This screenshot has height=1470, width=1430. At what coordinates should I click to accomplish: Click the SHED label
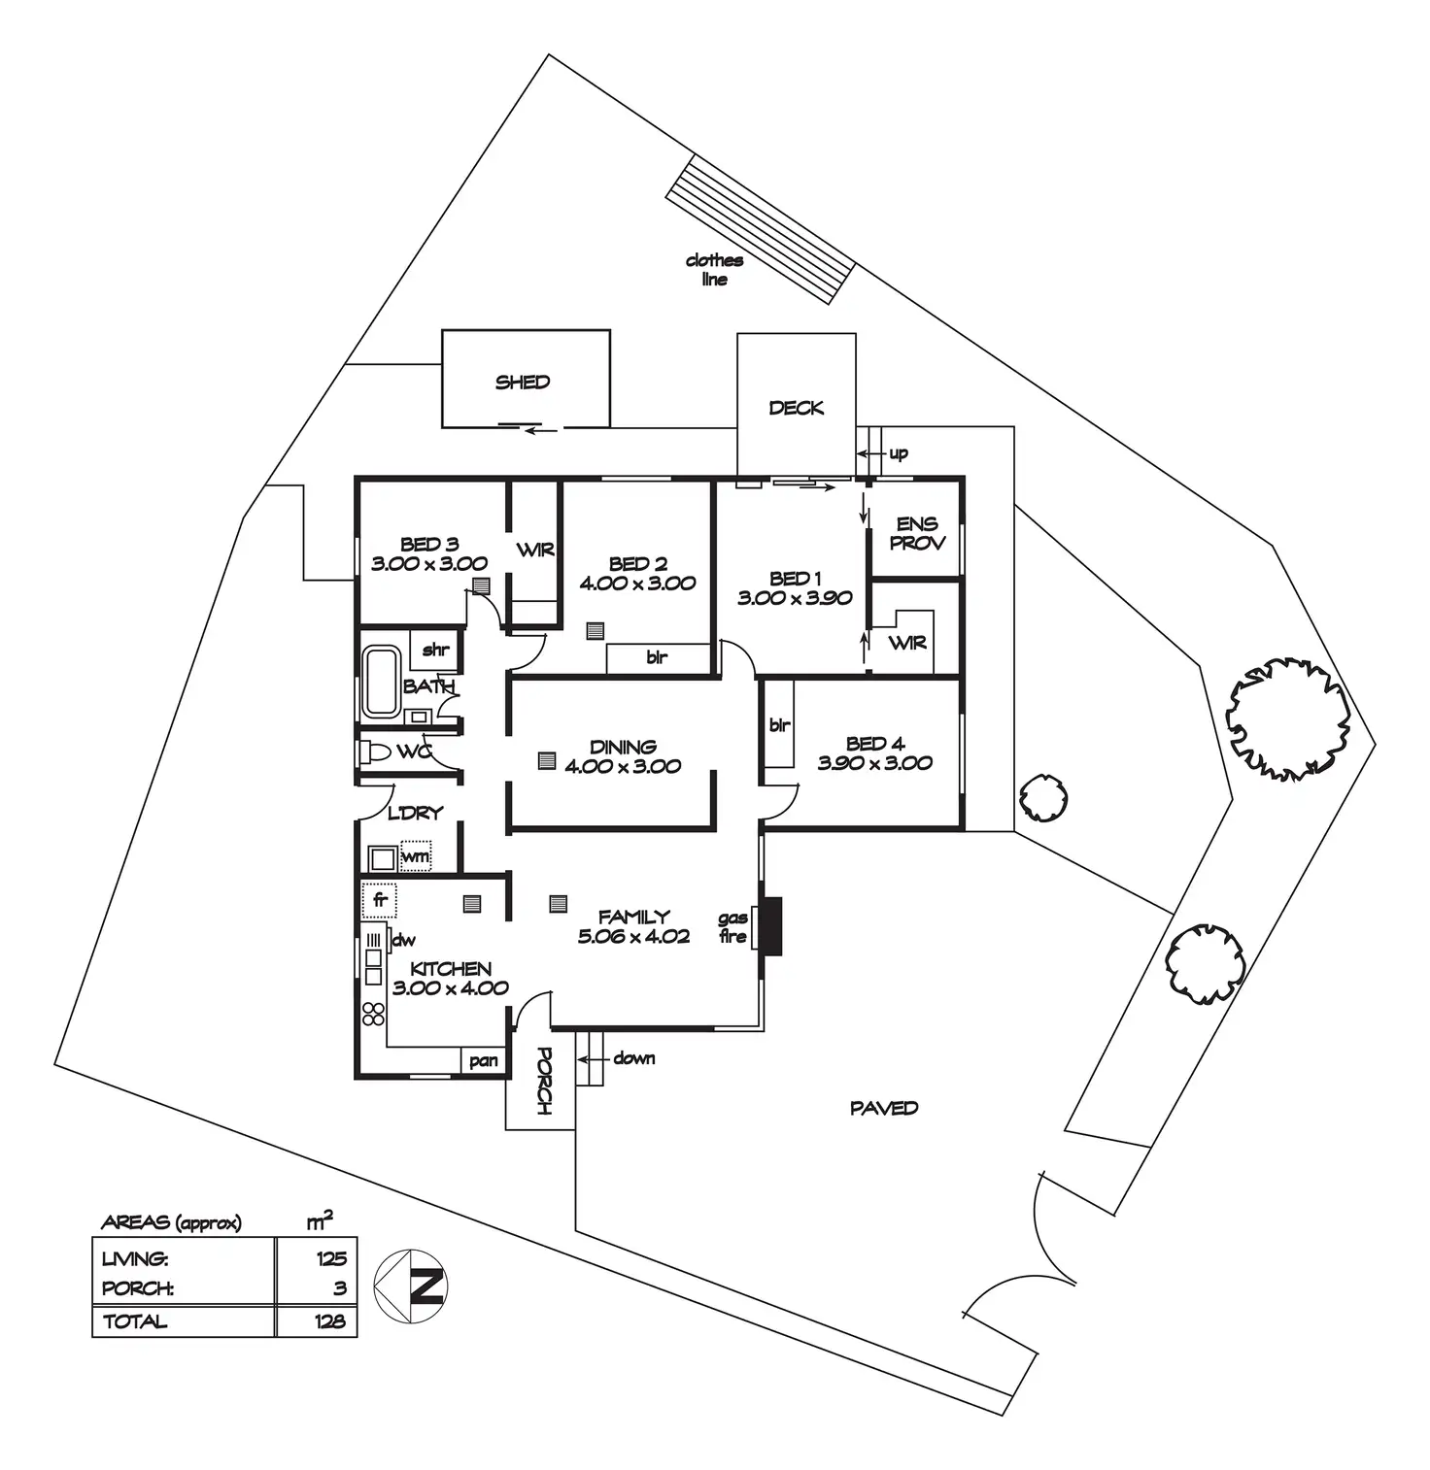(x=523, y=383)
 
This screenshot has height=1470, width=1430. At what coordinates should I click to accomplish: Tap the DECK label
(x=796, y=409)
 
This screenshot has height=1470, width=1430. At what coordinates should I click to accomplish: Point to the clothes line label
(x=714, y=270)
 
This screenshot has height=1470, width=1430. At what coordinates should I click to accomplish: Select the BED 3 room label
(x=429, y=545)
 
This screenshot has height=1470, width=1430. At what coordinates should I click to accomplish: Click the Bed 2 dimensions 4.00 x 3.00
(x=637, y=584)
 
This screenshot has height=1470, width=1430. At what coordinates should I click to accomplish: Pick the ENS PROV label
(x=917, y=534)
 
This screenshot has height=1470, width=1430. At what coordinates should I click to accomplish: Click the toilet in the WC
(x=374, y=752)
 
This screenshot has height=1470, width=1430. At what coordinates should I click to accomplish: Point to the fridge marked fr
(x=380, y=900)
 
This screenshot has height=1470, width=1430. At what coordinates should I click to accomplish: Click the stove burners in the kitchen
(x=373, y=1015)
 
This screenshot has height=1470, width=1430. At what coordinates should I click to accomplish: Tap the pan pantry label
(x=484, y=1061)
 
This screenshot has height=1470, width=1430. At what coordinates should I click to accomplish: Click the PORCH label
(x=543, y=1081)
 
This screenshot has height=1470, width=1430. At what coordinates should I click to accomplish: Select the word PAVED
(x=884, y=1108)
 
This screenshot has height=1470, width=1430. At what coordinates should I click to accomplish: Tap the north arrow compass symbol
(x=411, y=1286)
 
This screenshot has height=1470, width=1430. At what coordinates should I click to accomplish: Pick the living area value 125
(x=330, y=1259)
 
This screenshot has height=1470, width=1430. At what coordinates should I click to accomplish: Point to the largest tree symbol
(x=1289, y=718)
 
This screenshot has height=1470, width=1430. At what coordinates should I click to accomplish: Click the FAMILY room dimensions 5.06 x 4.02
(x=633, y=937)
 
